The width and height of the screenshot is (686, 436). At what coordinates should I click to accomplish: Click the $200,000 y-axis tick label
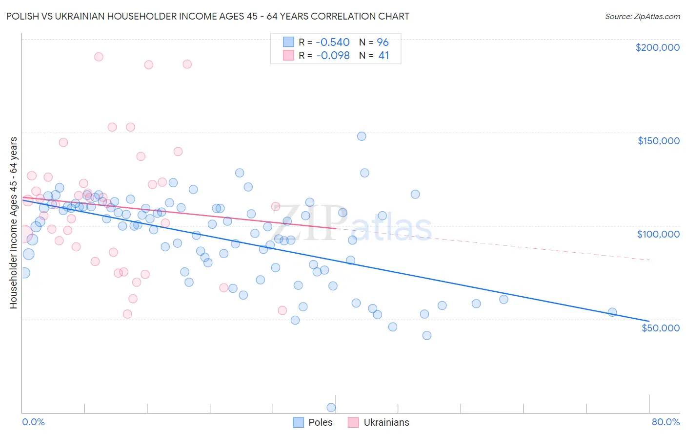coord(657,47)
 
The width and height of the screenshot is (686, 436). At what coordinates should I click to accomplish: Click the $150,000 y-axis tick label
coord(658,141)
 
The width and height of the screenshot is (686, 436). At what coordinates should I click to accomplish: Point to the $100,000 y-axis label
coord(658,234)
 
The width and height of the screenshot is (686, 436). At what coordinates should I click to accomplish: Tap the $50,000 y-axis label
coord(660,327)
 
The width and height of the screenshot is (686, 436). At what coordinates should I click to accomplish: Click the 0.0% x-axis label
coord(33,422)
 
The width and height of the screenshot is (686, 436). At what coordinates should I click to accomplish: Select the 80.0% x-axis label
coord(666,422)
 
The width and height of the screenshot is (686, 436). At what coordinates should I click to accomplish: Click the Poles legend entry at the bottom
coord(320,422)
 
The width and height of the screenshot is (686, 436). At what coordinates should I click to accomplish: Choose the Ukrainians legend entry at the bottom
coord(386,422)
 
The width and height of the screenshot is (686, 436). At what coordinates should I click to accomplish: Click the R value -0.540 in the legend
coord(333,43)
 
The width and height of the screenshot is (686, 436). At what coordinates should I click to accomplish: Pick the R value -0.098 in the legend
coord(333,56)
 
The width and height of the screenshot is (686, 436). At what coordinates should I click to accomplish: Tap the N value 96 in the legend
coord(383,43)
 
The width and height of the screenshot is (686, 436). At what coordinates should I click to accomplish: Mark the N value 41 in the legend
coord(383,56)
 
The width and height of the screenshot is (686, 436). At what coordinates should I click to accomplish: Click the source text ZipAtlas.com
coord(642,17)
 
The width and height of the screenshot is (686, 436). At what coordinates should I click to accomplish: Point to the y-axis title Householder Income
coord(13,222)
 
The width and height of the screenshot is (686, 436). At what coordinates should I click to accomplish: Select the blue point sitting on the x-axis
coord(331,408)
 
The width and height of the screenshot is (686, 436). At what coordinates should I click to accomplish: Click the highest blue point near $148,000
coord(362,136)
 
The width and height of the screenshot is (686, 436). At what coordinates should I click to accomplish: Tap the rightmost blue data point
coord(612,312)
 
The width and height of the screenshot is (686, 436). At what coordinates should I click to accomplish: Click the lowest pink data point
coord(127,314)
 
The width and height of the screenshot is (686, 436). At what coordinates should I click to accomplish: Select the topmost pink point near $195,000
coord(99,57)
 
